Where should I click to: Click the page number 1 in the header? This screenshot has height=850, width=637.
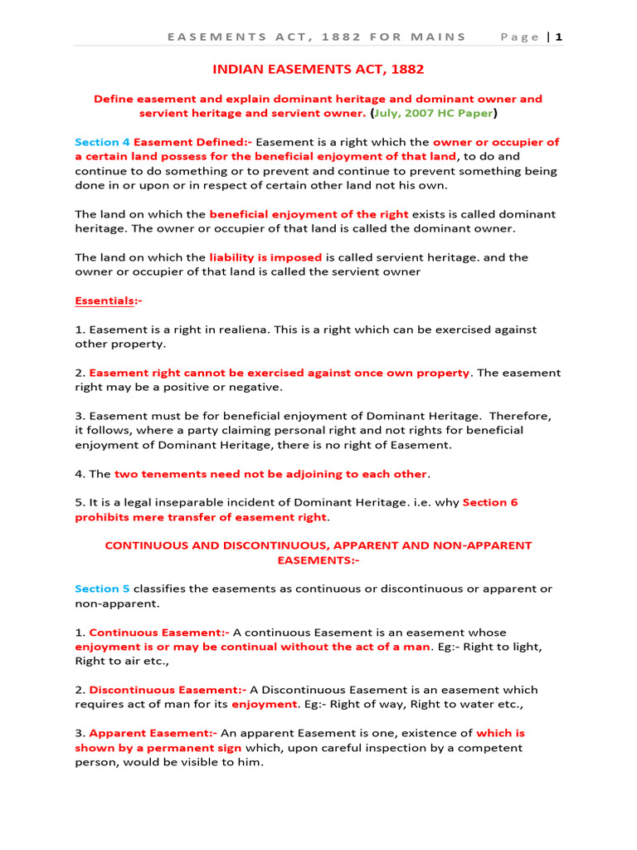pyautogui.click(x=560, y=37)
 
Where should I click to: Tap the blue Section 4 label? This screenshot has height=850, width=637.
pyautogui.click(x=102, y=142)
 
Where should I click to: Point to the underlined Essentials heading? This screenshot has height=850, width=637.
pyautogui.click(x=108, y=300)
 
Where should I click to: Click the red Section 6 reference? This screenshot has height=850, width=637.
pyautogui.click(x=490, y=502)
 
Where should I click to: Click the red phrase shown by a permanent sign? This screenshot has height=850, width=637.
pyautogui.click(x=158, y=747)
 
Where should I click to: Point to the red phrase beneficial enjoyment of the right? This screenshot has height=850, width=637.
pyautogui.click(x=309, y=214)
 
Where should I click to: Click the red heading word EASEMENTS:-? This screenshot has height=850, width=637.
pyautogui.click(x=318, y=560)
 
